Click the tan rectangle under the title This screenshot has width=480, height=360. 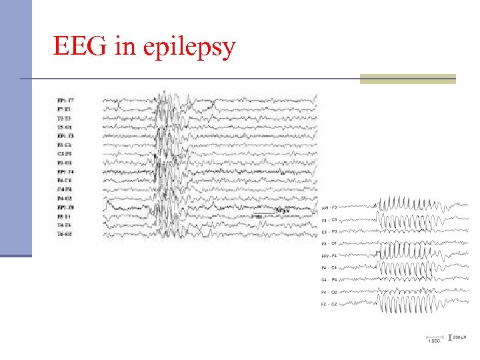coord(407,79)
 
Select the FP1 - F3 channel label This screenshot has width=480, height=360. coord(330,207)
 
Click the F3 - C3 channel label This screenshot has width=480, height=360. coord(330,219)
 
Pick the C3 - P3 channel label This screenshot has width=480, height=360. coord(330,231)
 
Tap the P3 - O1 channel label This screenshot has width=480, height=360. coord(330,243)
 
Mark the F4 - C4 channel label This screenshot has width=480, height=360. coord(330,268)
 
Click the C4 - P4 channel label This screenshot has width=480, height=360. coord(330,280)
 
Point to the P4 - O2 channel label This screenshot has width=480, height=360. coord(330,292)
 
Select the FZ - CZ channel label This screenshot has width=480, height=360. coord(330,304)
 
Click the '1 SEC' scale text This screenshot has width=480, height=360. coord(433,341)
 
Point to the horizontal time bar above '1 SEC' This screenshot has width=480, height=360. coord(433,337)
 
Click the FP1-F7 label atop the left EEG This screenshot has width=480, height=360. coord(65,100)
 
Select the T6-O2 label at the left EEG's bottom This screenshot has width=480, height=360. coord(65,234)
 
